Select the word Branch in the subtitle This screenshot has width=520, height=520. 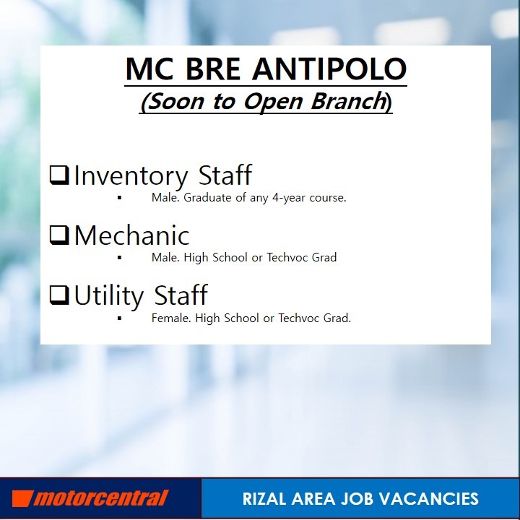[x=347, y=102]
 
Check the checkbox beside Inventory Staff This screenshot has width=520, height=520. [x=58, y=175]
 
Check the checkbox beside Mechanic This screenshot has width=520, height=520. [x=58, y=235]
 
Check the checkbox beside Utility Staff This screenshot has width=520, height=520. [x=58, y=295]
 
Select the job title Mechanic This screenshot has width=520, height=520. [x=131, y=235]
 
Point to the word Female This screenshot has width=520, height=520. [x=168, y=318]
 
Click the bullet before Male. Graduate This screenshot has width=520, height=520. [x=119, y=197]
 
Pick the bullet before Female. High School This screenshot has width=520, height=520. [x=119, y=318]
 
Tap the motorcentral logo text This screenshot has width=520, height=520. [x=101, y=498]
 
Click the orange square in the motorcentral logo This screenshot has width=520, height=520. [x=22, y=498]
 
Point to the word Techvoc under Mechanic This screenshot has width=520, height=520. [x=288, y=257]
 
